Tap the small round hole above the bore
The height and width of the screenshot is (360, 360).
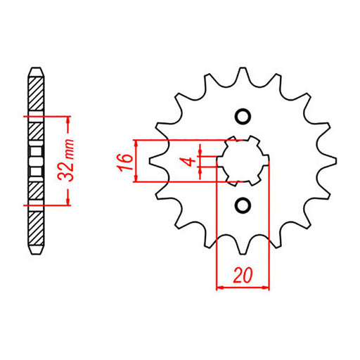243,116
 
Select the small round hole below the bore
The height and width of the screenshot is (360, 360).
243,205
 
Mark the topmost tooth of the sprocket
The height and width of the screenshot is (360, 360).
243,75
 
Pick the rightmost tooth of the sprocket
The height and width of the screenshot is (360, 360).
328,160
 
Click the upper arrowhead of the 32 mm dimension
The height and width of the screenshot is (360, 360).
69,120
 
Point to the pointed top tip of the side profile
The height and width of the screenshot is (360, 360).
35,68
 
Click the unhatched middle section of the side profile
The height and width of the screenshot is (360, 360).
35,160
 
